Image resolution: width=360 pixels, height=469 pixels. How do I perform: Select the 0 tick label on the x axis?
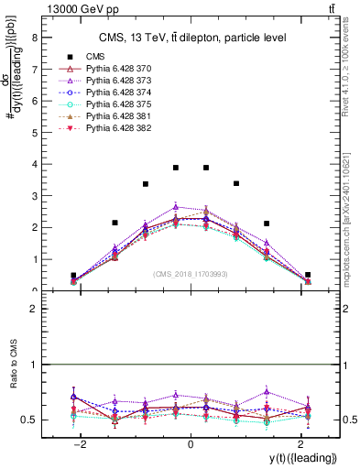(x=190, y=444)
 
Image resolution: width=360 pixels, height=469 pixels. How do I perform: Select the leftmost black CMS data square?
(x=73, y=275)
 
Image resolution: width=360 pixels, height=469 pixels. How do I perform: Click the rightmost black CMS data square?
(x=308, y=275)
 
